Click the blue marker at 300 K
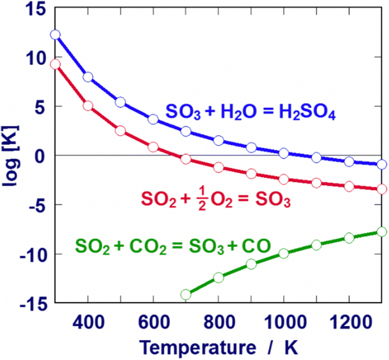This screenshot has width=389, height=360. pyautogui.click(x=55, y=35)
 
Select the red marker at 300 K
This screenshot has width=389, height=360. pyautogui.click(x=55, y=64)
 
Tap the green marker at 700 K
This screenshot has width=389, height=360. pyautogui.click(x=186, y=294)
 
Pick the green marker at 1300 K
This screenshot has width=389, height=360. pyautogui.click(x=382, y=232)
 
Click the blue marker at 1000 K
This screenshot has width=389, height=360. pyautogui.click(x=284, y=153)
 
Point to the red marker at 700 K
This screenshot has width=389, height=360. pyautogui.click(x=186, y=159)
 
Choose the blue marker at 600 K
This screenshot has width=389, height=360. pyautogui.click(x=153, y=119)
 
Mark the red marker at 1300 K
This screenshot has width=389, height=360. pyautogui.click(x=382, y=189)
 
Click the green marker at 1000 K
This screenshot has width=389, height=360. pyautogui.click(x=284, y=253)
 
